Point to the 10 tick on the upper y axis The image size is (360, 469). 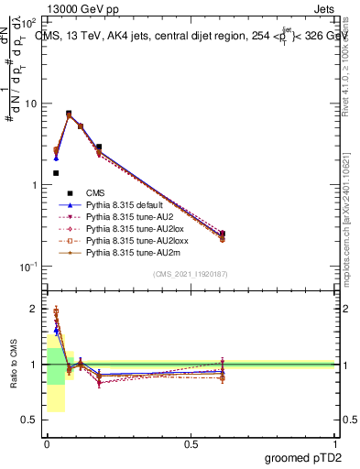(x=31, y=104)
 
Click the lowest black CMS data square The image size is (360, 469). (x=56, y=172)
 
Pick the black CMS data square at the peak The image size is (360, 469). (x=69, y=114)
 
